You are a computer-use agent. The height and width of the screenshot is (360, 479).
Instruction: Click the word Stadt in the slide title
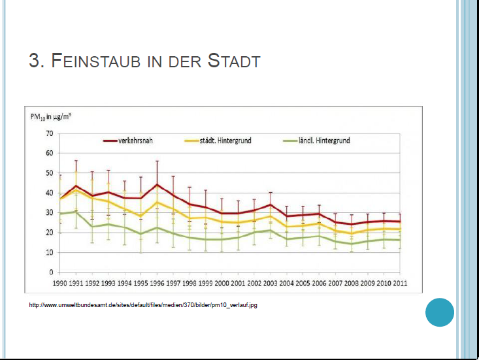pos(233,61)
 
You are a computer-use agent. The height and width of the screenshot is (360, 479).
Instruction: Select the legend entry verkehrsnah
pos(135,140)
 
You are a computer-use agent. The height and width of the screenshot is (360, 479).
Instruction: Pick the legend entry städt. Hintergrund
pos(224,140)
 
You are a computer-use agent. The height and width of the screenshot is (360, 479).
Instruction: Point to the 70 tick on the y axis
pos(49,133)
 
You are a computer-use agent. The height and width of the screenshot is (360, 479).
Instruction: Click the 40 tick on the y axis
pos(49,193)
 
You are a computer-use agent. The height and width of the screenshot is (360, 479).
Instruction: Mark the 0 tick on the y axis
pos(51,272)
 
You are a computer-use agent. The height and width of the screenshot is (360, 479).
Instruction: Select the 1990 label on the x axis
pos(60,284)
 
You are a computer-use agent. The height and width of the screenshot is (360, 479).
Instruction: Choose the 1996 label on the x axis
pos(157,284)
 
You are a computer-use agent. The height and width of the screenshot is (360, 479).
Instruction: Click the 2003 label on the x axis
pos(270,284)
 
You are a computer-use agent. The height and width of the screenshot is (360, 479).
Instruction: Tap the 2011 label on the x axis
pos(399,284)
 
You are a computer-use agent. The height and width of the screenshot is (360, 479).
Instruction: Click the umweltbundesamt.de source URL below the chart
pos(143,304)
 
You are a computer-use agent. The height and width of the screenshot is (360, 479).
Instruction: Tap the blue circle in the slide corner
pos(439,312)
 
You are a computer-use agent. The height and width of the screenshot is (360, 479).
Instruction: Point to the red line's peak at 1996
pos(157,184)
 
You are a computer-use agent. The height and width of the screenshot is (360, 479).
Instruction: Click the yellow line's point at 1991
pos(76,190)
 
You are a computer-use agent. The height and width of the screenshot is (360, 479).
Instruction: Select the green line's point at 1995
pos(140,234)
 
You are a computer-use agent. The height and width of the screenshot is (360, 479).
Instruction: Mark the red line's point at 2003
pos(270,205)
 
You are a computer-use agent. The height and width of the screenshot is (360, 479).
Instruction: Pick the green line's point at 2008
pos(351,244)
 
